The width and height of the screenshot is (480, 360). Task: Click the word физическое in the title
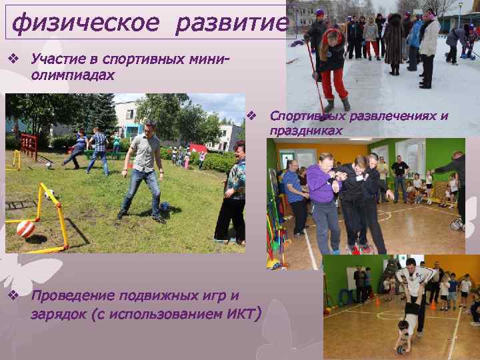coord(85,24)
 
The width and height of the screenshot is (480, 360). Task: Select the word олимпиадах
coord(72,74)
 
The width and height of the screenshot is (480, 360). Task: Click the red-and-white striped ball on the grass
coord(25,229)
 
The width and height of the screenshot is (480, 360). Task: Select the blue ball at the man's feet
coord(164,207)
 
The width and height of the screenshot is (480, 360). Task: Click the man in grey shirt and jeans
coord(143,170)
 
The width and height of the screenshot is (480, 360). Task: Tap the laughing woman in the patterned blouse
coord(232,197)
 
